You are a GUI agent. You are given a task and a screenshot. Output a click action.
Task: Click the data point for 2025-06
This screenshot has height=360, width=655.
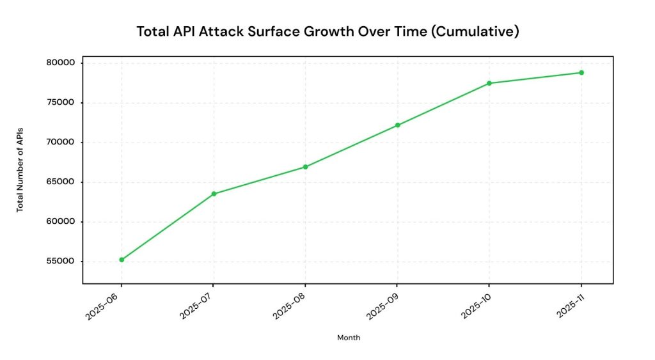pos(122,260)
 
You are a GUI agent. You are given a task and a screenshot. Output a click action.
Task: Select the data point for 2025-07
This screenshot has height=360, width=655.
pos(214,194)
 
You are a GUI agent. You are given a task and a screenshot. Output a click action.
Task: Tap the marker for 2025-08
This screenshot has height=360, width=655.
pos(305,167)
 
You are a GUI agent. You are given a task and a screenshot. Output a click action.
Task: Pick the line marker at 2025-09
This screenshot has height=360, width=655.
pos(397,125)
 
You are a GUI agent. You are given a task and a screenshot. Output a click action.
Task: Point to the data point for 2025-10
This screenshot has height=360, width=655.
pos(489,83)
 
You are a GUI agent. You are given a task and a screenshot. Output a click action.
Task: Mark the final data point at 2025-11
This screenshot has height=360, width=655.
pos(581,72)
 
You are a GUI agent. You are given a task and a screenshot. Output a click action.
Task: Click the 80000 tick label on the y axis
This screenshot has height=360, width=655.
pos(60,63)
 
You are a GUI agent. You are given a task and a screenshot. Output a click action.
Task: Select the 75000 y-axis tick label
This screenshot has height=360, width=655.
pos(60,102)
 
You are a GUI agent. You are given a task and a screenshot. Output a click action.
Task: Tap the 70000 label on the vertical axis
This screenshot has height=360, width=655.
pos(60,142)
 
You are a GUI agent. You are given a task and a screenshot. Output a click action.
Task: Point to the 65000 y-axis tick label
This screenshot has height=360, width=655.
pos(60,182)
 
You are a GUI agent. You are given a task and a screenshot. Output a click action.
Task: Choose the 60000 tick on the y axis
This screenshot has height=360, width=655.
pos(60,222)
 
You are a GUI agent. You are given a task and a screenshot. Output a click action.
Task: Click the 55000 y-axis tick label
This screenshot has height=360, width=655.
pos(60,262)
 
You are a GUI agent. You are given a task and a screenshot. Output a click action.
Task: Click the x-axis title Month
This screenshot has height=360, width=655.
pos(348,338)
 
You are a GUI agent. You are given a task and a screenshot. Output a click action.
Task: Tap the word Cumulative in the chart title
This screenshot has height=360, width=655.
pos(475,31)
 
